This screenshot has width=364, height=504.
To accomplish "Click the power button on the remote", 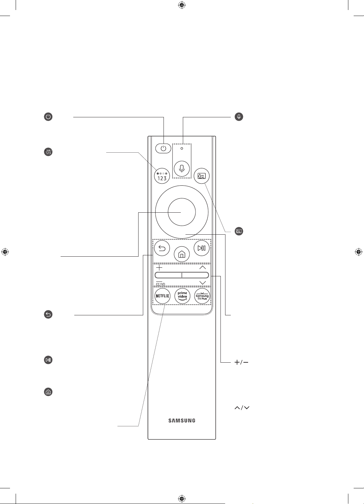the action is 163,148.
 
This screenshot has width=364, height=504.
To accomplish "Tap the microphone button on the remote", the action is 182,169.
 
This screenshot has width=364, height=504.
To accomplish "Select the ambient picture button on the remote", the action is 201,176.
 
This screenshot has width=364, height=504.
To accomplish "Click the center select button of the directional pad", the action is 182,212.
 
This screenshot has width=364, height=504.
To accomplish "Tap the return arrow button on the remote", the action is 162,248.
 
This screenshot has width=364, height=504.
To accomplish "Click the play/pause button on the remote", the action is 201,248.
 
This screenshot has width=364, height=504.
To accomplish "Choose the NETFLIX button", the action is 162,296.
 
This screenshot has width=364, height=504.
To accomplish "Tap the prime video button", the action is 182,296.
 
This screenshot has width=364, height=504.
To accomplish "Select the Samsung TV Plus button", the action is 202,296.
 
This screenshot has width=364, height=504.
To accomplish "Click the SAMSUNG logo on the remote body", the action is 182,421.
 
